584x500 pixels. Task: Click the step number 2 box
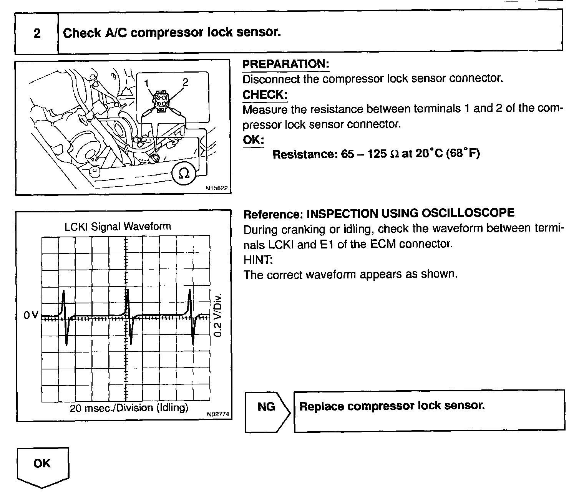(36, 33)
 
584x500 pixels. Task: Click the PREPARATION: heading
(285, 64)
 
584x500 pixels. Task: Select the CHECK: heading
(265, 94)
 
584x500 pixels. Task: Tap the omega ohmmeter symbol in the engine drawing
(184, 174)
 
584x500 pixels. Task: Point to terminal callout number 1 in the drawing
(146, 82)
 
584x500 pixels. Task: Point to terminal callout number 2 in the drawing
(185, 82)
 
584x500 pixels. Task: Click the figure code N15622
(216, 188)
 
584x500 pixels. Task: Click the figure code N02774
(218, 414)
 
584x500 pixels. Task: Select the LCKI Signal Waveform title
(118, 226)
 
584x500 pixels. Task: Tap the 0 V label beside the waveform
(31, 315)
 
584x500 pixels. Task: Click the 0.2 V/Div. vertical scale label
(218, 315)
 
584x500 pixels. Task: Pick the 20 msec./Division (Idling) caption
(129, 407)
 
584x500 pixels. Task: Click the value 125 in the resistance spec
(377, 154)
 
